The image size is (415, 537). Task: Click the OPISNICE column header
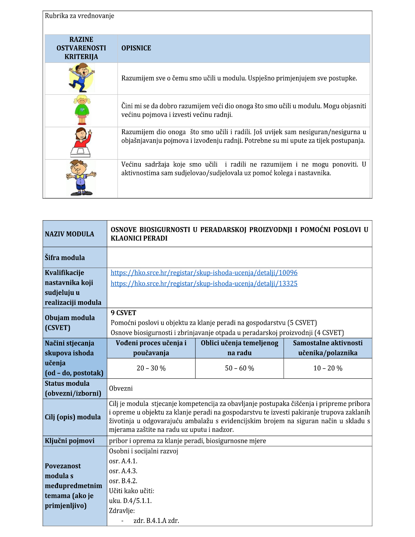pyautogui.click(x=136, y=48)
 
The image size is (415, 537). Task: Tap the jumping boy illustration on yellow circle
pyautogui.click(x=81, y=79)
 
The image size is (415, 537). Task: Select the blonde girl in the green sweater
pyautogui.click(x=81, y=110)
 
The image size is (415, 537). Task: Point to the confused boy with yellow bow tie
pyautogui.click(x=81, y=178)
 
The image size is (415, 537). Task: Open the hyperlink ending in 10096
pyautogui.click(x=204, y=273)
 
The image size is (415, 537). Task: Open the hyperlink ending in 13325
pyautogui.click(x=204, y=284)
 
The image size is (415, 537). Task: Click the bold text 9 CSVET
pyautogui.click(x=123, y=313)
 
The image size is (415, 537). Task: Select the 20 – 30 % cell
pyautogui.click(x=151, y=368)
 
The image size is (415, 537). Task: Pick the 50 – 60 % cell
pyautogui.click(x=239, y=368)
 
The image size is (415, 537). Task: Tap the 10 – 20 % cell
pyautogui.click(x=328, y=368)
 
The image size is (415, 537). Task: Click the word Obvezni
pyautogui.click(x=121, y=388)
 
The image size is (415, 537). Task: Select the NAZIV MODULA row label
pyautogui.click(x=69, y=234)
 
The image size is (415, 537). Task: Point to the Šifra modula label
pyautogui.click(x=65, y=258)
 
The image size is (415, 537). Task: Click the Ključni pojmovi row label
pyautogui.click(x=69, y=441)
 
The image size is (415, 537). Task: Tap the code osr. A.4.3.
pyautogui.click(x=123, y=471)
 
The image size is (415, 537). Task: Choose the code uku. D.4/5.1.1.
pyautogui.click(x=130, y=501)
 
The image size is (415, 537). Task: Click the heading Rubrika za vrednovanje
pyautogui.click(x=79, y=16)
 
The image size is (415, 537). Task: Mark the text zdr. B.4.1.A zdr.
pyautogui.click(x=156, y=521)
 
